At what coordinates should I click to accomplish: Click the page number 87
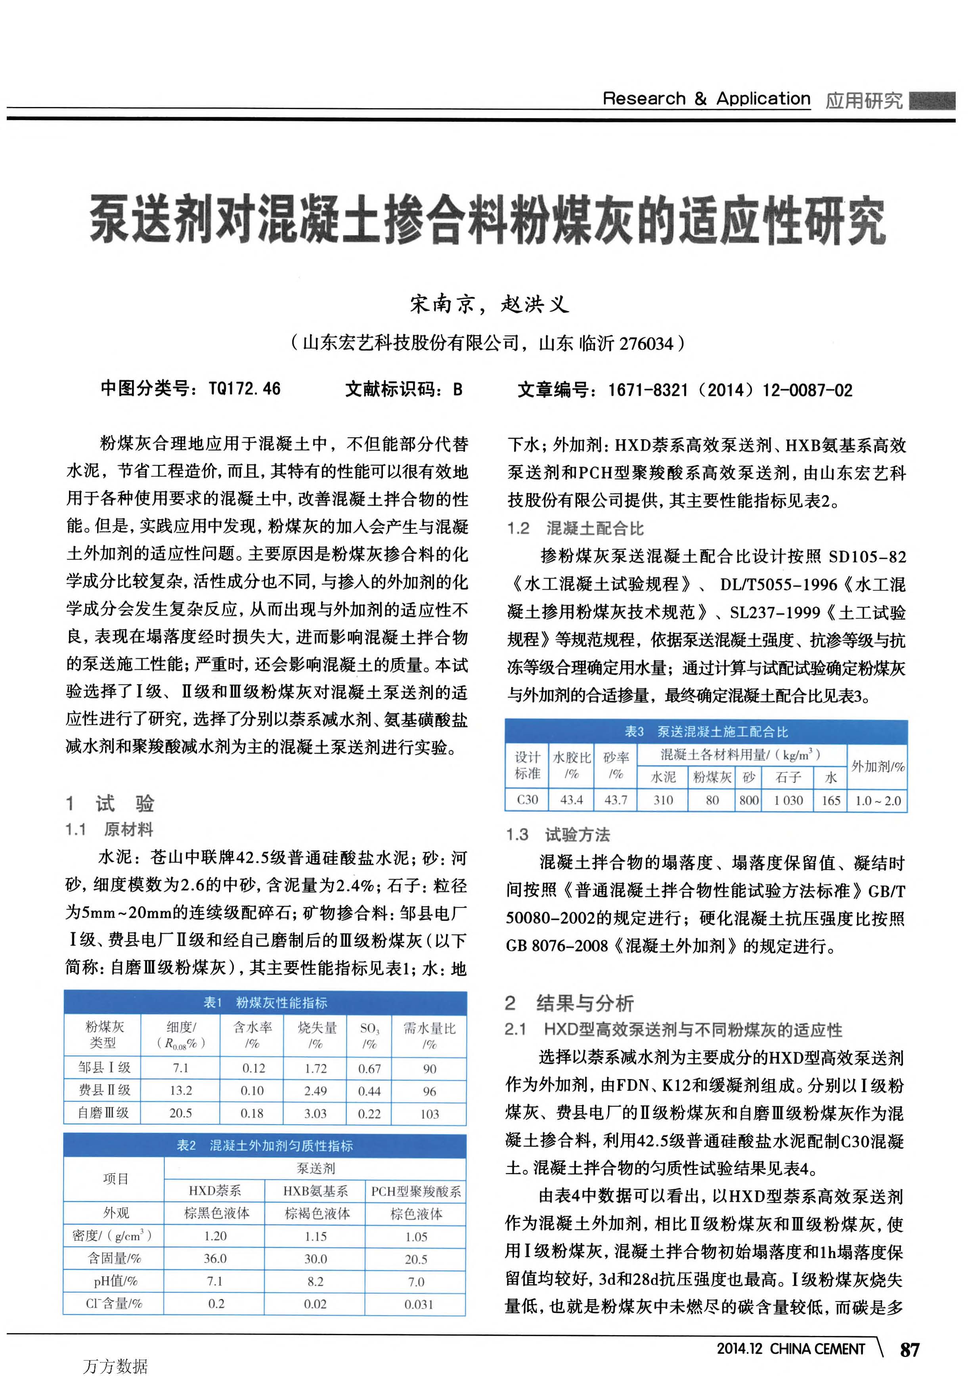[x=910, y=1349]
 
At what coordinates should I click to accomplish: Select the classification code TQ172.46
[x=245, y=389]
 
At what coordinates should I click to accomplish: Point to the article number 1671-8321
[x=648, y=390]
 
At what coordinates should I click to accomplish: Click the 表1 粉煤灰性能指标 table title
[x=265, y=1002]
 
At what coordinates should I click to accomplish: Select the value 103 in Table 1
[x=429, y=1114]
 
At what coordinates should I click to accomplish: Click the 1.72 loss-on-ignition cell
[x=316, y=1068]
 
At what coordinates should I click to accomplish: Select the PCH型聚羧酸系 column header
[x=416, y=1191]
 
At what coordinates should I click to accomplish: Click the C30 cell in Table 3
[x=527, y=800]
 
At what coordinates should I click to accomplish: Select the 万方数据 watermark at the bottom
[x=115, y=1366]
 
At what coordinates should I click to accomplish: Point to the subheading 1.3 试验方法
[x=558, y=835]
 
